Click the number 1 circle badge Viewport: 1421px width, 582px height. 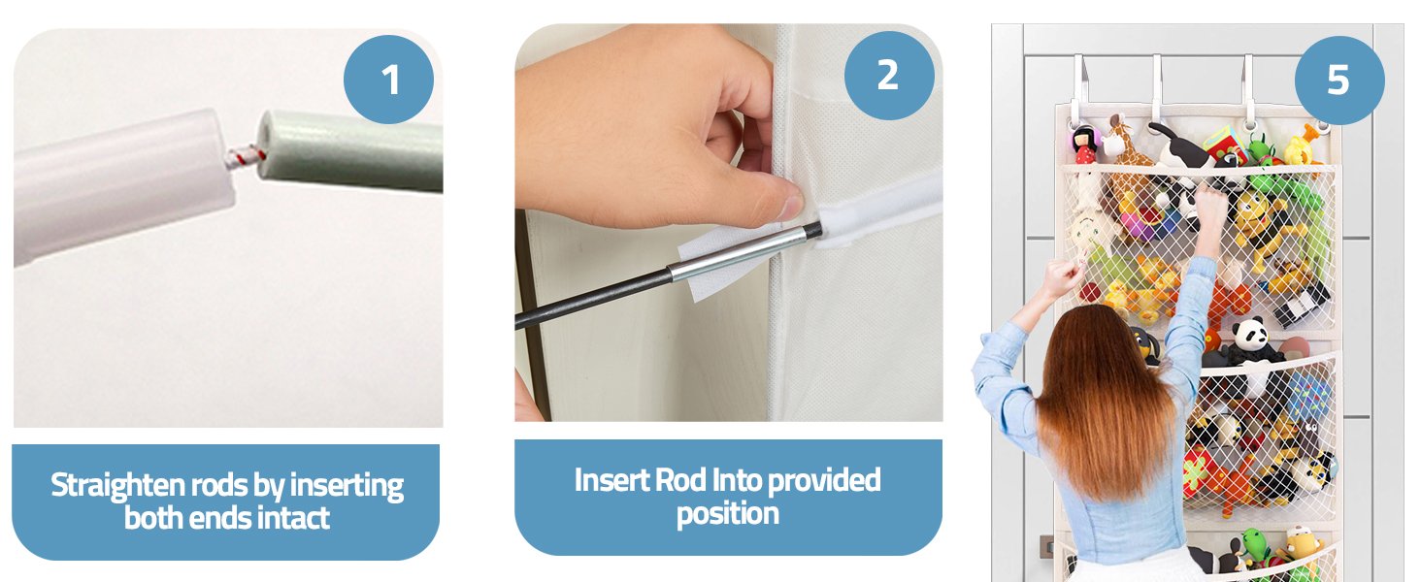tap(388, 80)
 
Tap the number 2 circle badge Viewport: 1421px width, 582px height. tap(889, 76)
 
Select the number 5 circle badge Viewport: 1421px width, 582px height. tap(1339, 81)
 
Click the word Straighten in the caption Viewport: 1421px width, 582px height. tap(117, 487)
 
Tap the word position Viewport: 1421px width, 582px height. tap(728, 514)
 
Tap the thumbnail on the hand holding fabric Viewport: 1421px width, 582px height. tap(790, 208)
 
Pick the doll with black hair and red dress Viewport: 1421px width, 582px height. tap(1085, 145)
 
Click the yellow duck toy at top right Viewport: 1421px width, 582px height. tap(1303, 145)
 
